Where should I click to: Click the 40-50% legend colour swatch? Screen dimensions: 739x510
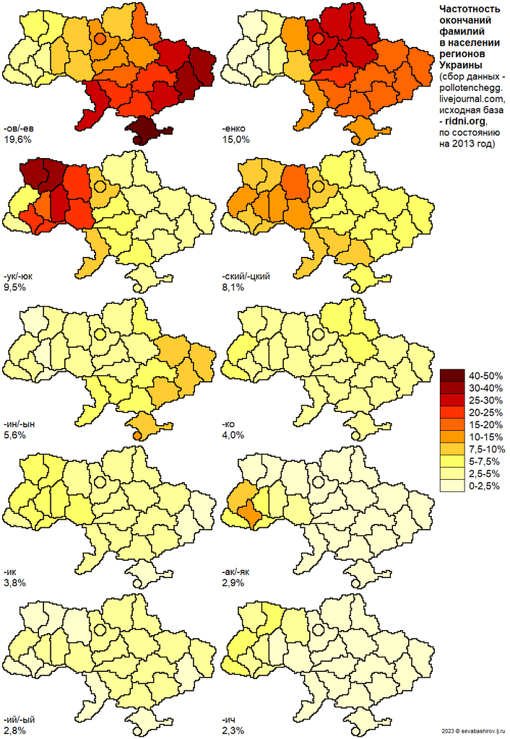coord(452,375)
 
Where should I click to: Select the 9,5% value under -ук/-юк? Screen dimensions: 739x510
coord(14,287)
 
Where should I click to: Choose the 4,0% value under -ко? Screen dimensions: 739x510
coord(234,435)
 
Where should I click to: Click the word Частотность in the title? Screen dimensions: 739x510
coord(470,9)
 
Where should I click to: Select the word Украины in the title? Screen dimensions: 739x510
coord(459,66)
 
